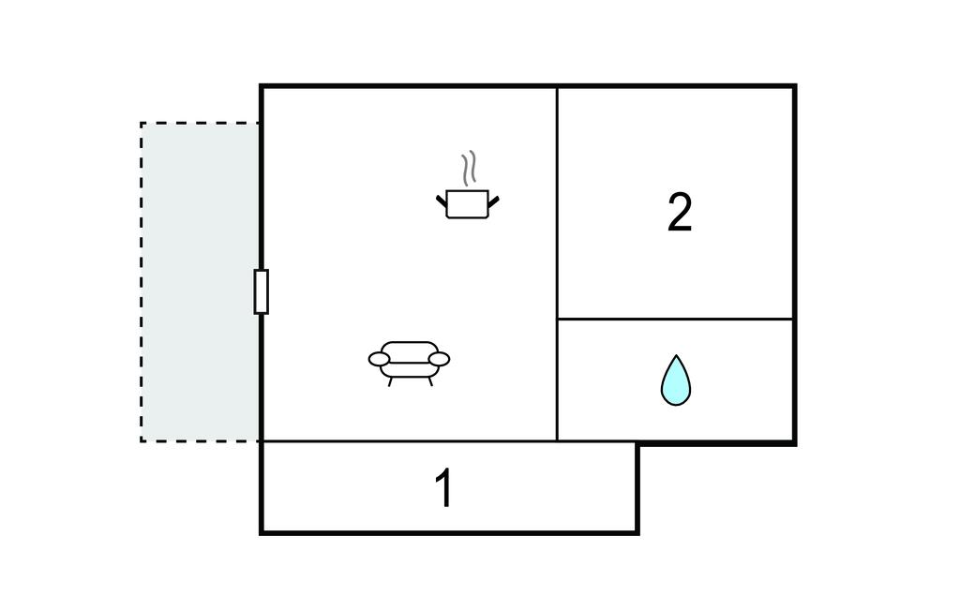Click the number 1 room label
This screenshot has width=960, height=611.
[x=444, y=488]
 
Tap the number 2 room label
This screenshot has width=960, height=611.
[x=680, y=213]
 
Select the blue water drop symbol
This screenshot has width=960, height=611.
[x=675, y=380]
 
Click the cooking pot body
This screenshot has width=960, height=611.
[x=467, y=204]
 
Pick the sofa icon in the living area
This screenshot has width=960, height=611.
[x=410, y=361]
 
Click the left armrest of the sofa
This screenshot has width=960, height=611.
[x=379, y=359]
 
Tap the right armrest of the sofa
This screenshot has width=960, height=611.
[x=440, y=359]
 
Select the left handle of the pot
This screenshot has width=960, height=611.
[x=441, y=200]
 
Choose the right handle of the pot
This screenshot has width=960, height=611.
[x=493, y=200]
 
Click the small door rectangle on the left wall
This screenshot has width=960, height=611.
[x=261, y=291]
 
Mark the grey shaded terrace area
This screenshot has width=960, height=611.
[x=201, y=281]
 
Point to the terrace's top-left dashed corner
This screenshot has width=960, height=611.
[x=142, y=123]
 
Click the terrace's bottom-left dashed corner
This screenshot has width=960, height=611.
[x=142, y=440]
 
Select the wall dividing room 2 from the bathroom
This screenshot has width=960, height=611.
[x=675, y=319]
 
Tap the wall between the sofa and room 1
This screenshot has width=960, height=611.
[x=409, y=440]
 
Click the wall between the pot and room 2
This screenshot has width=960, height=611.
[x=558, y=202]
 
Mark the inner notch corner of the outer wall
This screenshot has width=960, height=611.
[x=637, y=442]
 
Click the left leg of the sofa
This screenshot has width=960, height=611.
[x=391, y=381]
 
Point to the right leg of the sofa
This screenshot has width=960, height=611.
[x=429, y=381]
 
